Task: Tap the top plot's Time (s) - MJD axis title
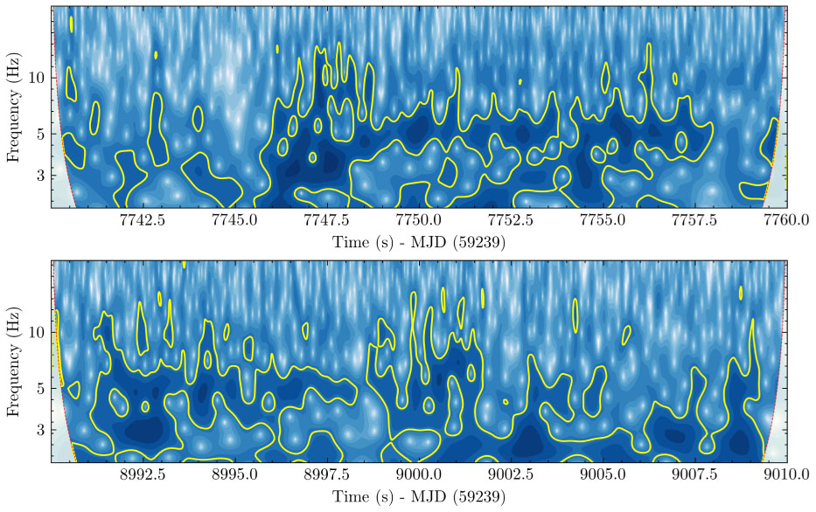coord(419,242)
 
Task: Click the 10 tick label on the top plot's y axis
coord(37,78)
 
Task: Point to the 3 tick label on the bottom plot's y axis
coord(40,431)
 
